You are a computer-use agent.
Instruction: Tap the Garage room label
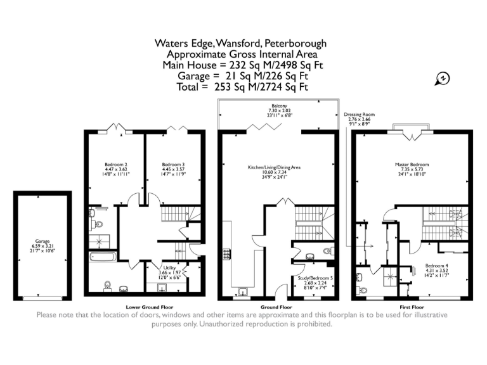(x=42, y=241)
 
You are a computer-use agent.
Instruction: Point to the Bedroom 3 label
(x=172, y=164)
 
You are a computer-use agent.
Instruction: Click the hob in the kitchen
(x=226, y=255)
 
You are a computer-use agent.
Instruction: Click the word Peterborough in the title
(x=295, y=44)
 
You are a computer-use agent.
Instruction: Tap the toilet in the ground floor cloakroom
(x=327, y=252)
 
